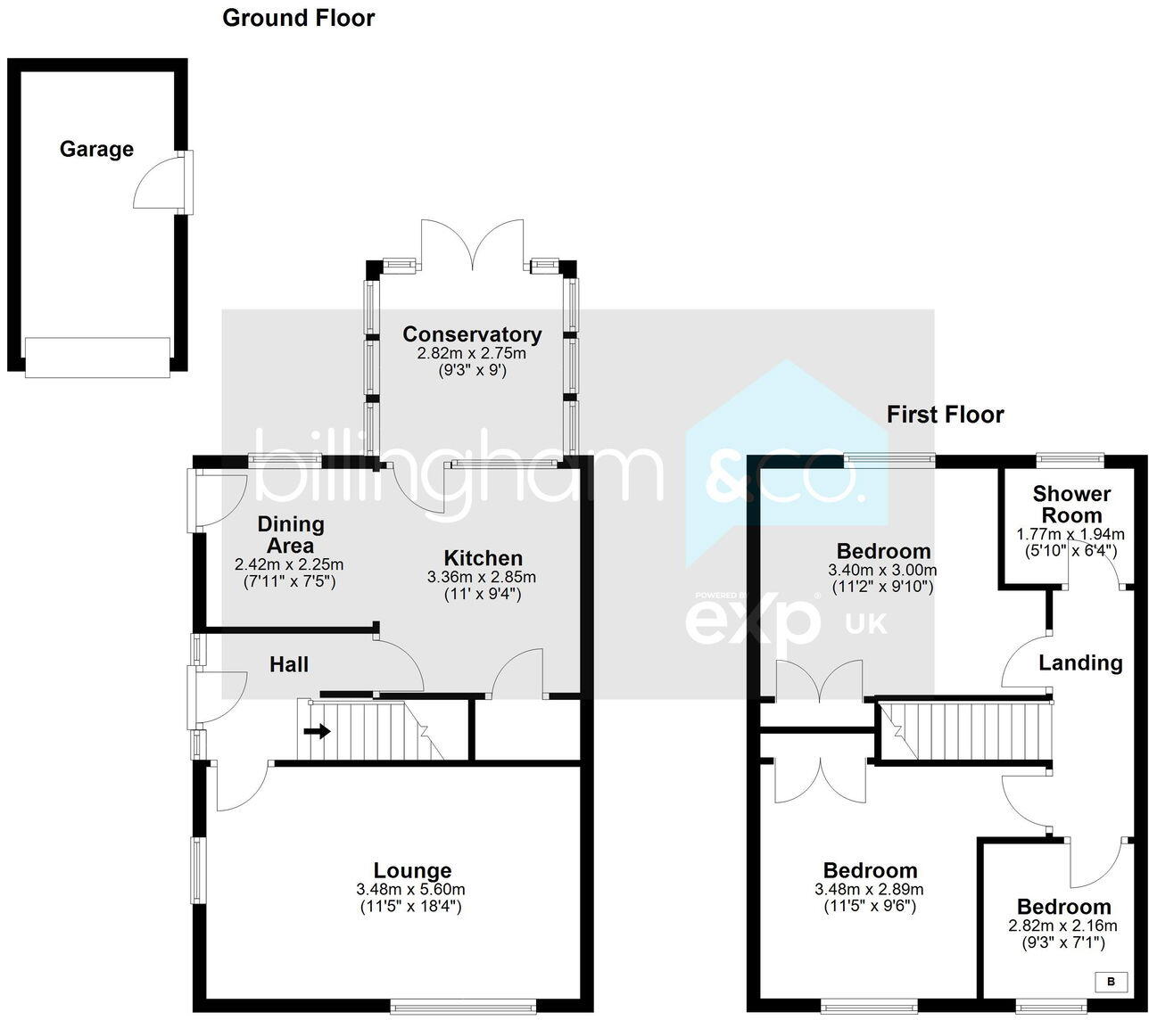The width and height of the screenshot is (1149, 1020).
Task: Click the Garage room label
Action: [96, 149]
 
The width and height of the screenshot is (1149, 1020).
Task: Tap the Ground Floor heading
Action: [298, 18]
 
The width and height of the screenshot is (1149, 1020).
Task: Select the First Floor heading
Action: [945, 415]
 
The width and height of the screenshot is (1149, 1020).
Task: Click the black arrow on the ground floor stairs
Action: [317, 731]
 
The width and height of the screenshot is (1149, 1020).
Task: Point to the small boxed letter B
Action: [1111, 982]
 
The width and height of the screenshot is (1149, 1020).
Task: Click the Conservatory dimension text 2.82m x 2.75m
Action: [471, 353]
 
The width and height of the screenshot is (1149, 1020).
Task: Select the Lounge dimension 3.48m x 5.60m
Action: [410, 889]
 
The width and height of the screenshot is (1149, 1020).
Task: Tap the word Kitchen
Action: [483, 558]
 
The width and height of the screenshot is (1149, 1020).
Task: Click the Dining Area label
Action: [290, 534]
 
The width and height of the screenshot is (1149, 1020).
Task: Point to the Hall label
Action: [289, 664]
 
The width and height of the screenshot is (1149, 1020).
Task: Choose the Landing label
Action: [1080, 662]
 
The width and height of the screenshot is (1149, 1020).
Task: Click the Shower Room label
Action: [1071, 504]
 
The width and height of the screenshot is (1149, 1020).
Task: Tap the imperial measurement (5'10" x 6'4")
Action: [1070, 550]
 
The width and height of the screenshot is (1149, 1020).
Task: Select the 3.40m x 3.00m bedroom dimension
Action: [882, 570]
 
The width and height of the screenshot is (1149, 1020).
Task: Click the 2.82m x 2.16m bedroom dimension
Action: [1062, 925]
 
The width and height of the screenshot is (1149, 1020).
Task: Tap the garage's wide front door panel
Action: [97, 358]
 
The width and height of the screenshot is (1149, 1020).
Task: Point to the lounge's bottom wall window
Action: [463, 1007]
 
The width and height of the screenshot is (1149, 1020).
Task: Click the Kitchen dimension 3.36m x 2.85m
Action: [482, 577]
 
